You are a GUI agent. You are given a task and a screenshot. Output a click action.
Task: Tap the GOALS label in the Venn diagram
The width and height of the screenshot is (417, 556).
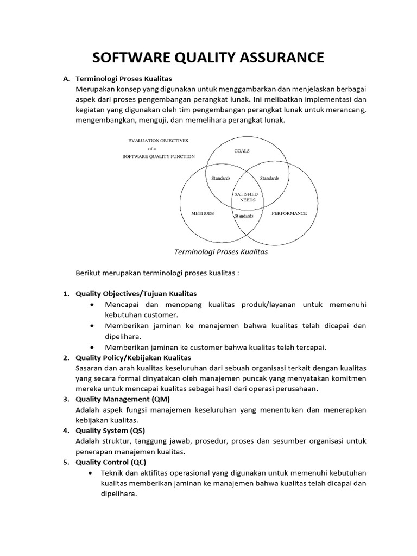(x=242, y=151)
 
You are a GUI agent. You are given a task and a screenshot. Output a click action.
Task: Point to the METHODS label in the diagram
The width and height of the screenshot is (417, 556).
(x=203, y=213)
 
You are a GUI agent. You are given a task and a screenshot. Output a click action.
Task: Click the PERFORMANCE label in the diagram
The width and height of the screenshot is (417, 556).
(x=289, y=213)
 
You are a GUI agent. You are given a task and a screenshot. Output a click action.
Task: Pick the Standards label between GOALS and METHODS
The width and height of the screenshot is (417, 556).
(x=220, y=178)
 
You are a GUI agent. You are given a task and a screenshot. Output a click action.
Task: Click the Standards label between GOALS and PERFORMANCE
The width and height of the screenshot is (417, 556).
(x=269, y=178)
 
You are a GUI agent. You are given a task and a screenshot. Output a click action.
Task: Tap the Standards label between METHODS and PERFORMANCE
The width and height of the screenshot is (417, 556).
(x=244, y=216)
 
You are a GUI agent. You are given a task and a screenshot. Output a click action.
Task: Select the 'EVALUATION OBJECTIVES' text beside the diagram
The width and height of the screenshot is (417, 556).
(x=158, y=140)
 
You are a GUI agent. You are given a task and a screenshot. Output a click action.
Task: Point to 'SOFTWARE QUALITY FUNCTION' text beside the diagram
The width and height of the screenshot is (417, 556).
(x=158, y=156)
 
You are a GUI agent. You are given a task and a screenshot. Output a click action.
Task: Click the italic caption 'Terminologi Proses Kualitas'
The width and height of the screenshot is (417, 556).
(x=220, y=252)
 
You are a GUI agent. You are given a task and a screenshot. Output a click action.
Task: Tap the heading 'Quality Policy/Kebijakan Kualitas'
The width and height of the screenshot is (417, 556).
(x=133, y=358)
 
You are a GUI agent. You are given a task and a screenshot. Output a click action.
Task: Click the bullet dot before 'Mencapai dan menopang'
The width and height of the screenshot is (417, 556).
(x=96, y=305)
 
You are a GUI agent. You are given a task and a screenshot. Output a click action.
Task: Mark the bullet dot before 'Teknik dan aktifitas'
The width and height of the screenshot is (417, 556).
(x=91, y=473)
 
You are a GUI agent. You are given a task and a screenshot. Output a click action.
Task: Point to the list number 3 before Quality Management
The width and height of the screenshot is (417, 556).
(x=65, y=400)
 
